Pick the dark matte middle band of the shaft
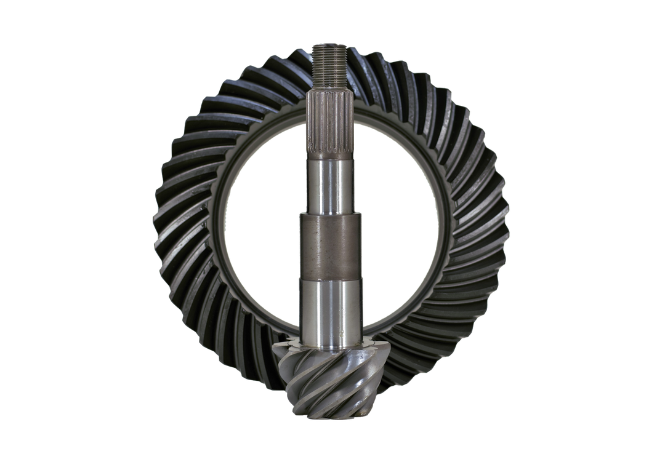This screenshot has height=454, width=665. click(x=331, y=246)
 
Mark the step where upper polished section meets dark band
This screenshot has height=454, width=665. click(x=331, y=213)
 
